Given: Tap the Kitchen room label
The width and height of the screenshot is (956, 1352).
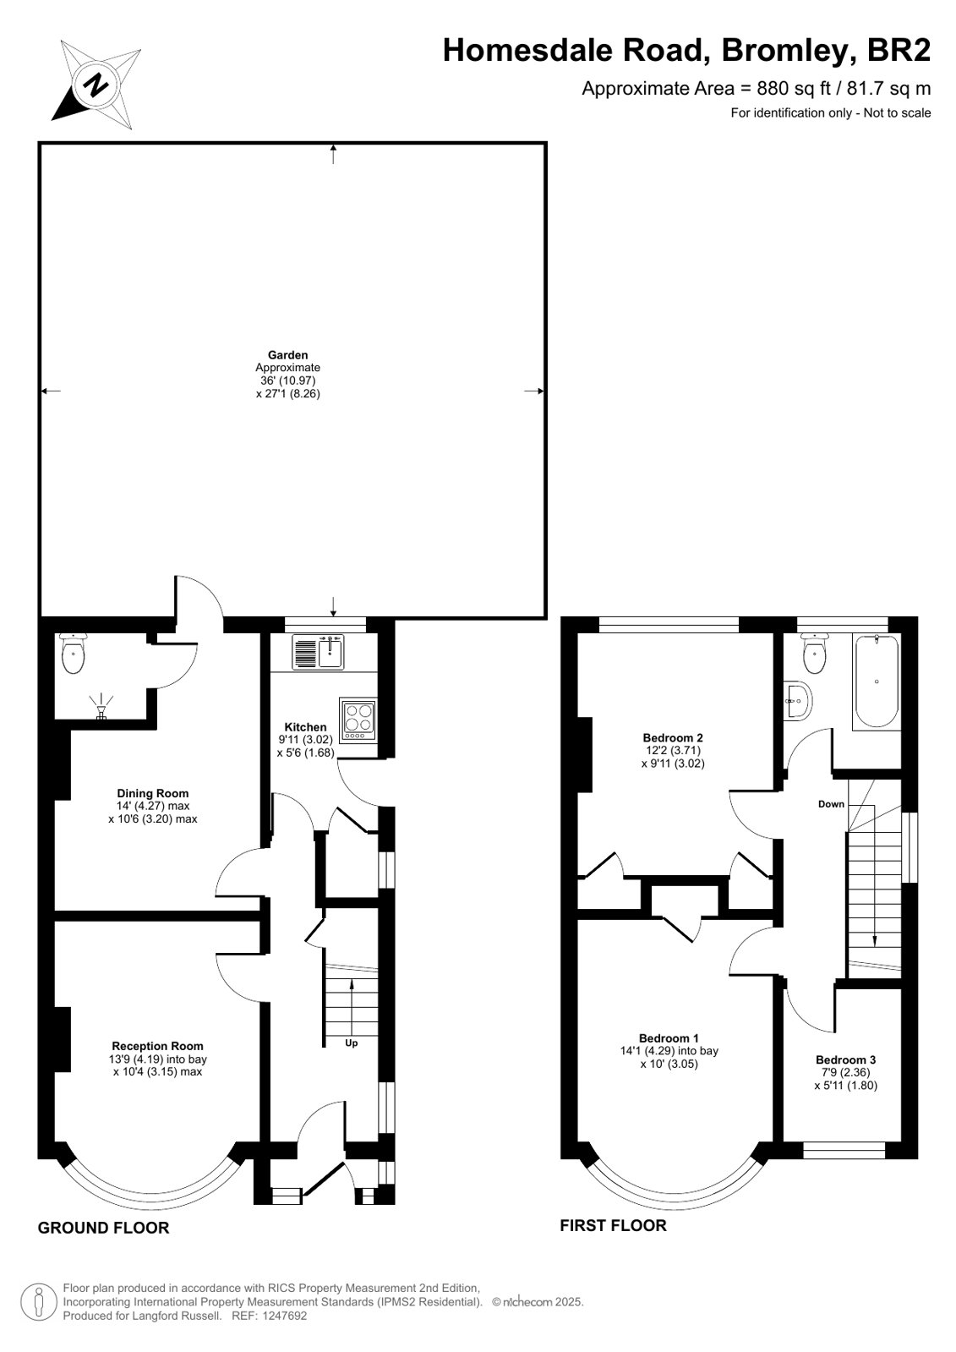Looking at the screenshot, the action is coord(305,727).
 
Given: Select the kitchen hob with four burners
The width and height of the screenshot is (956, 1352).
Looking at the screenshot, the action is coord(358,720).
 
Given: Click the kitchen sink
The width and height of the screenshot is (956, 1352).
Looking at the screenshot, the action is coord(318,652).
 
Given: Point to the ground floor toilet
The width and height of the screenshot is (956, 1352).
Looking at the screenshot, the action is coord(74,654).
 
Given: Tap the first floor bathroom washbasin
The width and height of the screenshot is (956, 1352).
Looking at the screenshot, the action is coord(799,701).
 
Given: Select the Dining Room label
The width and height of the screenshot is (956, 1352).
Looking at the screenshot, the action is coord(153,793).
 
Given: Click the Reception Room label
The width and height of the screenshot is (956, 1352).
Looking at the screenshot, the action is coord(157,1046).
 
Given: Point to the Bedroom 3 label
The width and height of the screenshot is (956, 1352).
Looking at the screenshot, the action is coord(845,1060).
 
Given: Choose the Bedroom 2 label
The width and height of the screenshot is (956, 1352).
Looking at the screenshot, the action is coord(673,737).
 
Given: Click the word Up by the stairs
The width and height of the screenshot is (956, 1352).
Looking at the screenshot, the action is coord(352,1043).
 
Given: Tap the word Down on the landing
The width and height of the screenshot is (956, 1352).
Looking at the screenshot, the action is coord(831,804).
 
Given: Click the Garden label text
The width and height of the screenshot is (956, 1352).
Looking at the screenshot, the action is coord(288,355).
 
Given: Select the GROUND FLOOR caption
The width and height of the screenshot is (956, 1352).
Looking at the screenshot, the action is coord(103,1228).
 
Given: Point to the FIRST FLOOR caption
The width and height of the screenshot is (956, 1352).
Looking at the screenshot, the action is coord(613,1225).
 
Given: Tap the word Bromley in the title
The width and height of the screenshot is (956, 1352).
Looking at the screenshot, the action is coord(786,51).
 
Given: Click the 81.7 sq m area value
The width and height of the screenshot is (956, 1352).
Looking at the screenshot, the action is coord(889,88).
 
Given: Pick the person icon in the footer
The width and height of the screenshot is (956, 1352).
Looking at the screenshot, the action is coord(39,1301).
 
